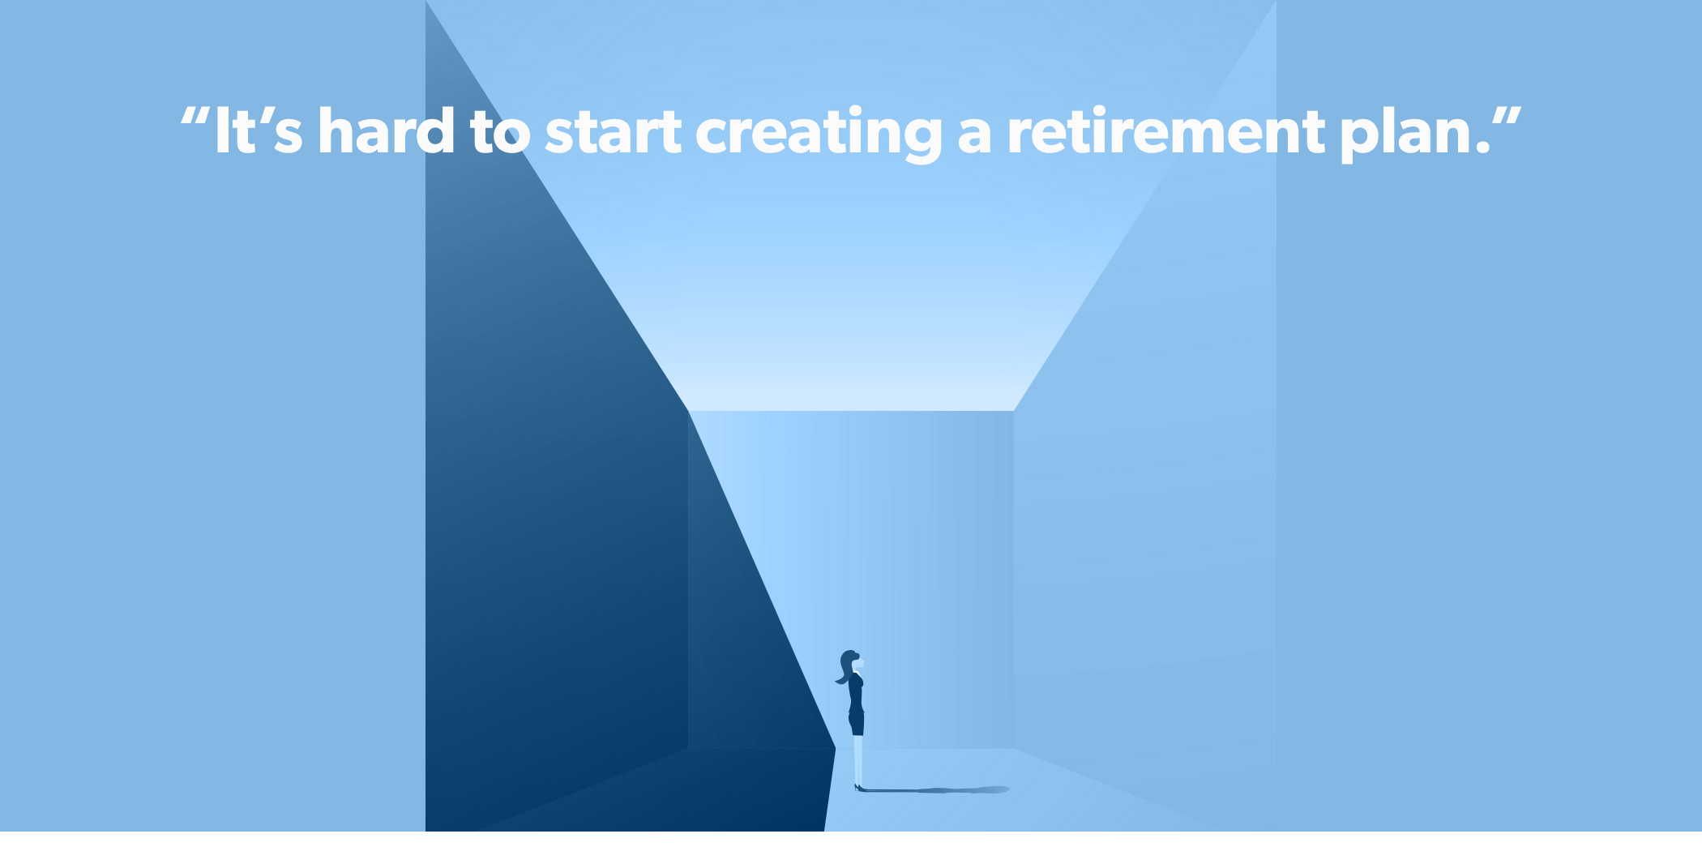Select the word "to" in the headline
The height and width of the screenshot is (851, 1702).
pyautogui.click(x=500, y=132)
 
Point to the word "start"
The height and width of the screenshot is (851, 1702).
pyautogui.click(x=613, y=132)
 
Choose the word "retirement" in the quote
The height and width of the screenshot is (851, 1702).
pyautogui.click(x=1166, y=130)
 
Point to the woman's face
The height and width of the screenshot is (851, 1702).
pyautogui.click(x=859, y=664)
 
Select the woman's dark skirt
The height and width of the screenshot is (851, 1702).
pyautogui.click(x=857, y=723)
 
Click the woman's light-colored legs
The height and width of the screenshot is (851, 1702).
pyautogui.click(x=858, y=759)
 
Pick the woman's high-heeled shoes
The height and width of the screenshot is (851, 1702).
pyautogui.click(x=859, y=787)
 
